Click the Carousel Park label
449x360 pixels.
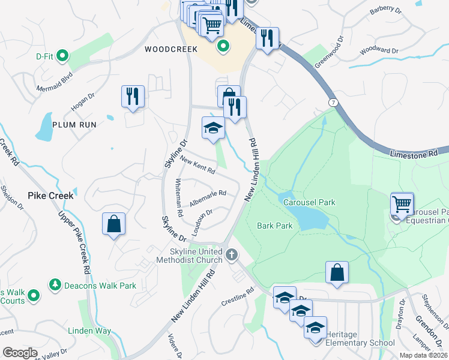309,202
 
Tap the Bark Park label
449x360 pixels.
274,226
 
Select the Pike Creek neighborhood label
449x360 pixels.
50,195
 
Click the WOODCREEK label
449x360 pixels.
171,49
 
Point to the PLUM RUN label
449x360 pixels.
74,124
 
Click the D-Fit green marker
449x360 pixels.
62,56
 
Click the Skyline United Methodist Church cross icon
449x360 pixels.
232,256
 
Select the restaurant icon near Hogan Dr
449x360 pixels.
133,96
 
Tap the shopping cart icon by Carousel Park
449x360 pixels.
402,203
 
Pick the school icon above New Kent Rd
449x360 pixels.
213,128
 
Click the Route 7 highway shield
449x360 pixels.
333,103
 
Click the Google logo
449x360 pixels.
20,353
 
